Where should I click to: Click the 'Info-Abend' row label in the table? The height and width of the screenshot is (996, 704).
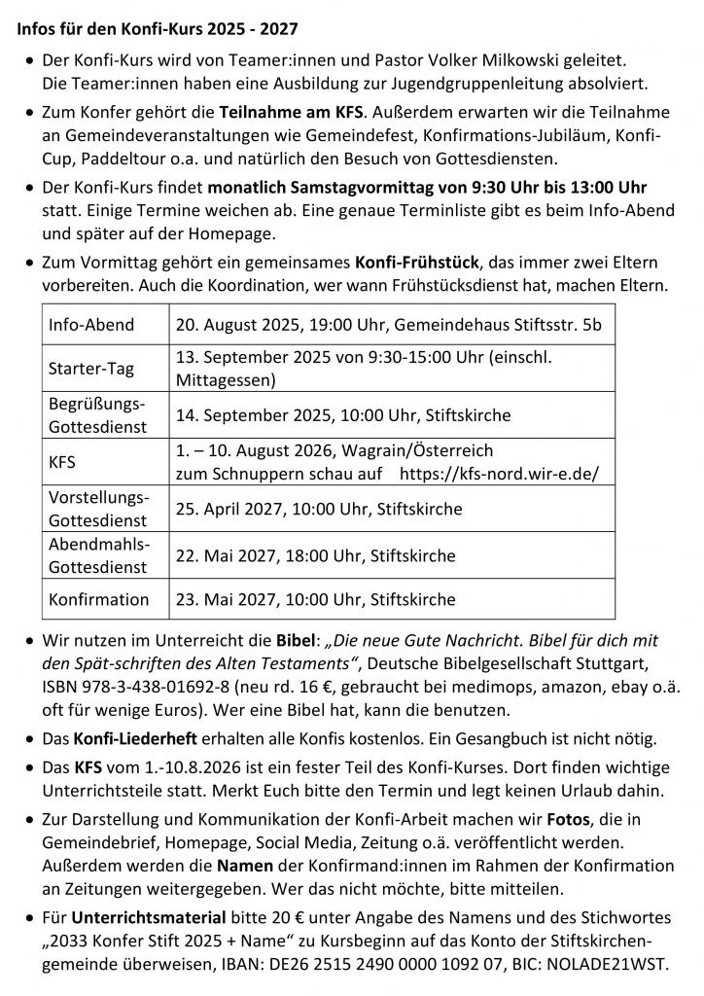pyautogui.click(x=92, y=324)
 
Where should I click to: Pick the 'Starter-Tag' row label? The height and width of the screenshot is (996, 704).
pyautogui.click(x=93, y=369)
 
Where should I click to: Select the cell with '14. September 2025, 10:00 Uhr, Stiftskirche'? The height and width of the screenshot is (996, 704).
pyautogui.click(x=343, y=415)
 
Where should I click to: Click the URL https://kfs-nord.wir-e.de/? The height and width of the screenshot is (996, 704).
pyautogui.click(x=500, y=474)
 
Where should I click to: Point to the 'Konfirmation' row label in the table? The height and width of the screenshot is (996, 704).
pyautogui.click(x=99, y=599)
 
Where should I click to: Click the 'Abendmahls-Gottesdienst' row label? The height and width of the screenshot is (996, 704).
pyautogui.click(x=99, y=554)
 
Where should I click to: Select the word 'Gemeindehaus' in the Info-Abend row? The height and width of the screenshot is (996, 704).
pyautogui.click(x=438, y=324)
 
